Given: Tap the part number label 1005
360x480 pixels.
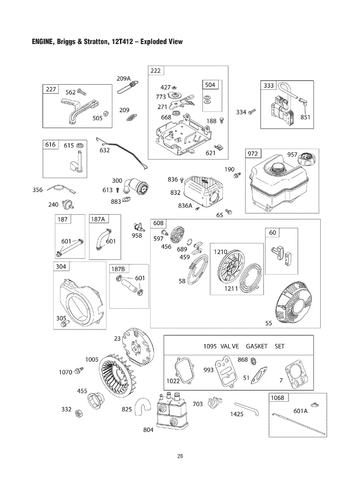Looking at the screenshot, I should click(92, 359).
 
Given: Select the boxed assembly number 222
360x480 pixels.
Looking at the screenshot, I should click(156, 71).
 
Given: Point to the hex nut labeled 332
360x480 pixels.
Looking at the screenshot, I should click(79, 414).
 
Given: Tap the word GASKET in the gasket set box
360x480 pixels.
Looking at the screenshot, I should click(256, 346).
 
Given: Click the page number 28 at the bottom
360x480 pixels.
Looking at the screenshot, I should click(180, 456).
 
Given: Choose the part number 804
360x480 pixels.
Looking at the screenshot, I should click(148, 430).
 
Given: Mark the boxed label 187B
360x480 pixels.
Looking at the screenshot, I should click(118, 269).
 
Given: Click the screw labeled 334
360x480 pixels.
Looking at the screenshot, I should click(252, 112).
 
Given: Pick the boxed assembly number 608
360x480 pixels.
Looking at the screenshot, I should click(158, 224).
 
